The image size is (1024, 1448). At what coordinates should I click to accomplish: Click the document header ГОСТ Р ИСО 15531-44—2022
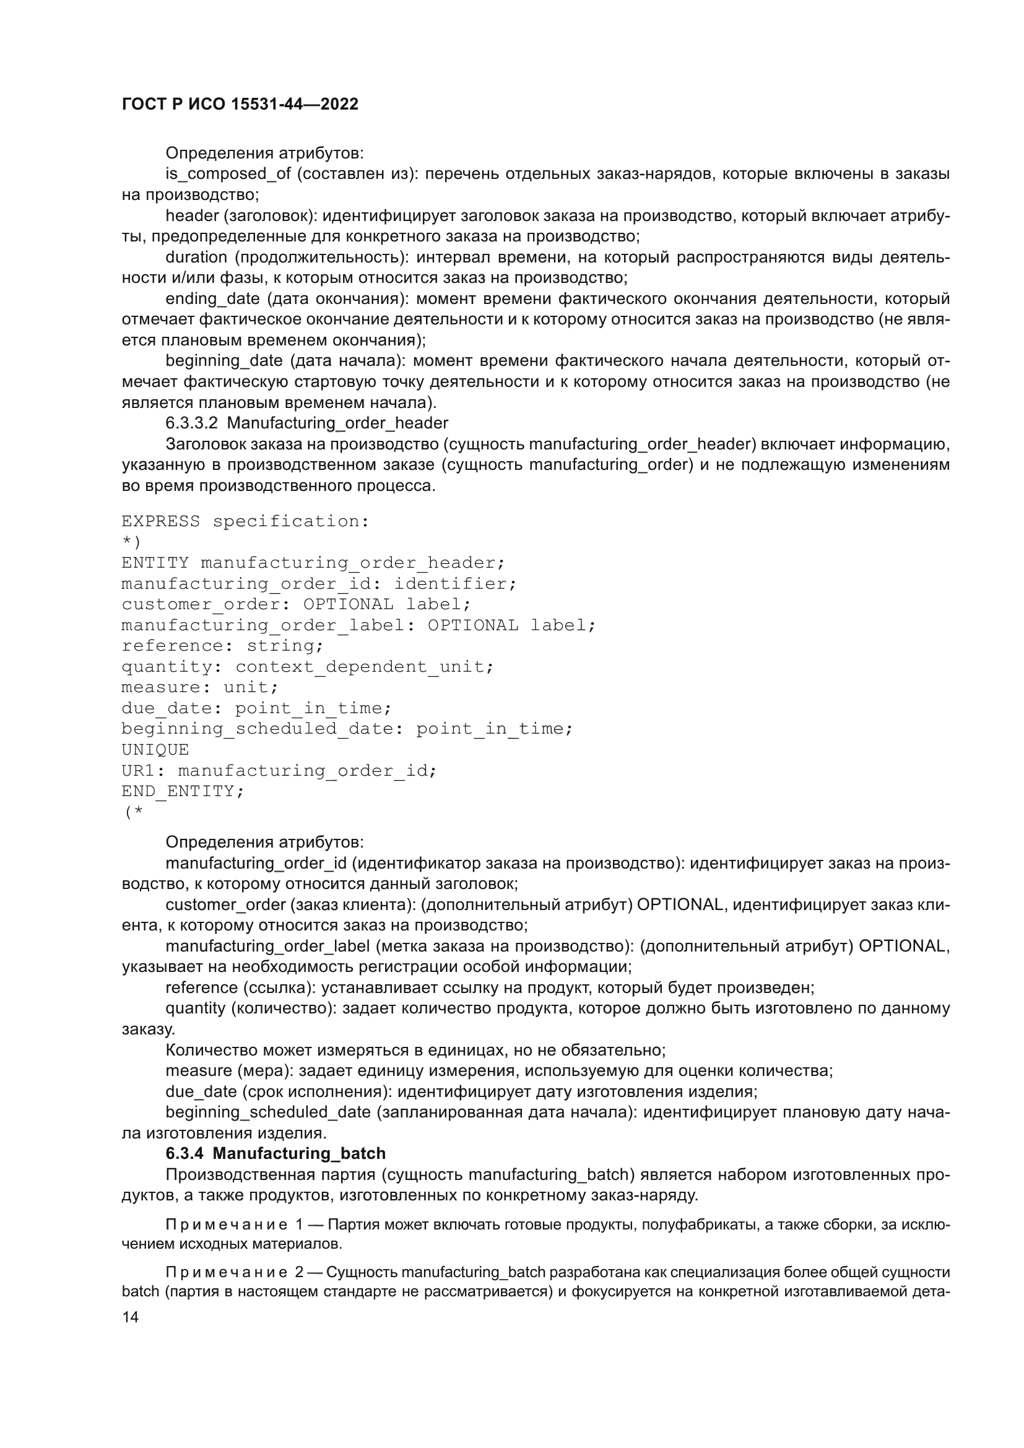click(240, 105)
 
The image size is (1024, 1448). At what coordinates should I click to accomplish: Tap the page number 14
click(131, 1317)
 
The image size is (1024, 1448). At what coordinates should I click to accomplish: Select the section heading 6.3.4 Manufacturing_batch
click(275, 1153)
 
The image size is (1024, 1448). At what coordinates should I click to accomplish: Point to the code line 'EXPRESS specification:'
click(245, 521)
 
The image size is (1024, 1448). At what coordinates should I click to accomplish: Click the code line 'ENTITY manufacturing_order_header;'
click(313, 563)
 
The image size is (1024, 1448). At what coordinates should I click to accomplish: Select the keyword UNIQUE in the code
click(155, 749)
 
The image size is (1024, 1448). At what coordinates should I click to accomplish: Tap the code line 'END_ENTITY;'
click(182, 791)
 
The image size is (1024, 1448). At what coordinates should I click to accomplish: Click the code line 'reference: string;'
click(222, 646)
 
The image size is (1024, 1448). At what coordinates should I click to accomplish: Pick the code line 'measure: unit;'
click(199, 687)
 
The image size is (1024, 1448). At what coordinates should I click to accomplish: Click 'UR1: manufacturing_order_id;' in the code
click(279, 770)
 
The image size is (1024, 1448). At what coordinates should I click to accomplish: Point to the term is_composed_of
click(228, 173)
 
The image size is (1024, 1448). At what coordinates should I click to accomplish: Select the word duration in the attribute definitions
click(196, 257)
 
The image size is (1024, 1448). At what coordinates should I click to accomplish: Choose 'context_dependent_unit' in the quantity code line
click(363, 667)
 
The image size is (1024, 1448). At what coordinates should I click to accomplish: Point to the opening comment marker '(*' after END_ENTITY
click(133, 812)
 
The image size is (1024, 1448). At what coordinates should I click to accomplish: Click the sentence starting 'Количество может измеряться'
click(415, 1050)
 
